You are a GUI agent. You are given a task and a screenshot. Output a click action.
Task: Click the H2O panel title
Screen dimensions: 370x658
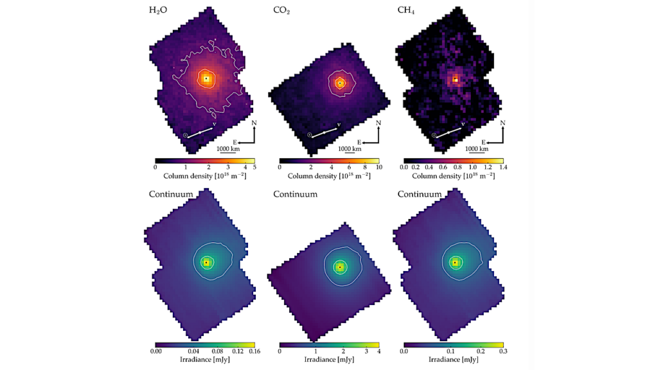158,11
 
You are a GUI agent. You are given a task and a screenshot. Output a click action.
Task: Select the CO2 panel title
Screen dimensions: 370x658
281,11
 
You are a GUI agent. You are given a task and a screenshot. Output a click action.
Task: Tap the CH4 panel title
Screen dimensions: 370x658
406,11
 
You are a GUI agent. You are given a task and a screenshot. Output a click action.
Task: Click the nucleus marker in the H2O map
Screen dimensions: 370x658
206,79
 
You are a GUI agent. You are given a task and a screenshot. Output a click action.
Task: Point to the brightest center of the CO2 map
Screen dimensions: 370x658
340,83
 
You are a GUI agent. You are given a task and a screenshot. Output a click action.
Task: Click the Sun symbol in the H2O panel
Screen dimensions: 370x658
185,135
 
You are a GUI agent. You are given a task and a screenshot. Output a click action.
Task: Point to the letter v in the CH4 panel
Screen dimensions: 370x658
463,124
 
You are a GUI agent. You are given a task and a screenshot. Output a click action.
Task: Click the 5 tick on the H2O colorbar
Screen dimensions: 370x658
254,167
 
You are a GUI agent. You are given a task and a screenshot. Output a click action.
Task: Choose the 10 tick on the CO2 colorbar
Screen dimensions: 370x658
378,167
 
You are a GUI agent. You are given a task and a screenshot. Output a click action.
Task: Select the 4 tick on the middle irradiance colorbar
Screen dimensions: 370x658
378,351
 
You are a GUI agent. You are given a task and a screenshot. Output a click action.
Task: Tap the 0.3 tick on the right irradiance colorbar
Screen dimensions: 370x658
502,351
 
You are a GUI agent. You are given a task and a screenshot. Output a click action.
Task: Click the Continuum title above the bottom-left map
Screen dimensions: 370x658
171,194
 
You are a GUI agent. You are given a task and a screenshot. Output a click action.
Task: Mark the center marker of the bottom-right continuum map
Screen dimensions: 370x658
455,262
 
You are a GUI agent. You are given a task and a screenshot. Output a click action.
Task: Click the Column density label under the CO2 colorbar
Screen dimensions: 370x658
329,175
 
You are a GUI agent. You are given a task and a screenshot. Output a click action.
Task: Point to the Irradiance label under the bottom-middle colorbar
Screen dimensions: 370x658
329,360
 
